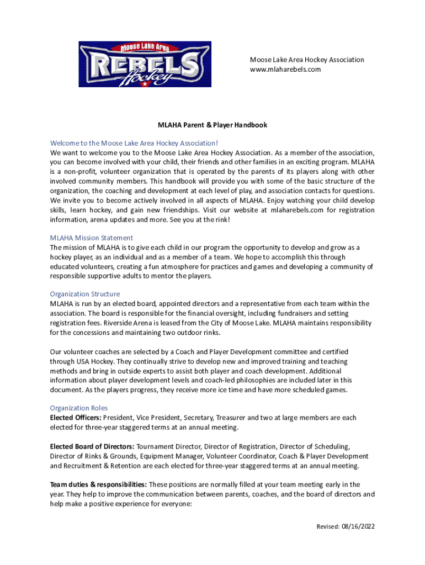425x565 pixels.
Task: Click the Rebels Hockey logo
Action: (145, 64)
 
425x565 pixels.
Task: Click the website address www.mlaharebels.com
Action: (285, 70)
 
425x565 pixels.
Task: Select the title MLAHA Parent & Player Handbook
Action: (212, 125)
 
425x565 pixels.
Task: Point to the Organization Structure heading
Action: (84, 294)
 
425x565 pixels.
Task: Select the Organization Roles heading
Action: (78, 408)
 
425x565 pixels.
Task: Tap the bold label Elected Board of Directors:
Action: (92, 446)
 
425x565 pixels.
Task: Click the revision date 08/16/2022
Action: (358, 526)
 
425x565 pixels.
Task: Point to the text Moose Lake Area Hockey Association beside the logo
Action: (307, 60)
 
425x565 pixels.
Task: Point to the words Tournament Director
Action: (167, 446)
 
